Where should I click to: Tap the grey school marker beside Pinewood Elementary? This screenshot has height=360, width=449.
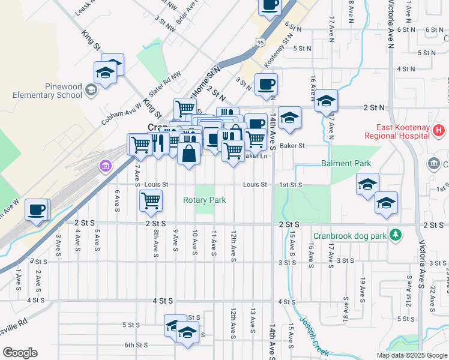(x=91, y=90)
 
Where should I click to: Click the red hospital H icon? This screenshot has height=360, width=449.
(x=439, y=130)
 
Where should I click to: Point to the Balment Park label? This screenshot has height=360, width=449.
(x=346, y=163)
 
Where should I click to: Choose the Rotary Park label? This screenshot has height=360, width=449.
(x=205, y=200)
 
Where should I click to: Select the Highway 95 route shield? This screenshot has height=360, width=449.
(x=259, y=42)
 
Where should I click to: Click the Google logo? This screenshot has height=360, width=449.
(x=20, y=353)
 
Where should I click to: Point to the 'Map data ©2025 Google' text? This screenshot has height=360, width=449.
(x=412, y=355)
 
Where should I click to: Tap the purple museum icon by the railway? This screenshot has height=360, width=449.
(x=106, y=165)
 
